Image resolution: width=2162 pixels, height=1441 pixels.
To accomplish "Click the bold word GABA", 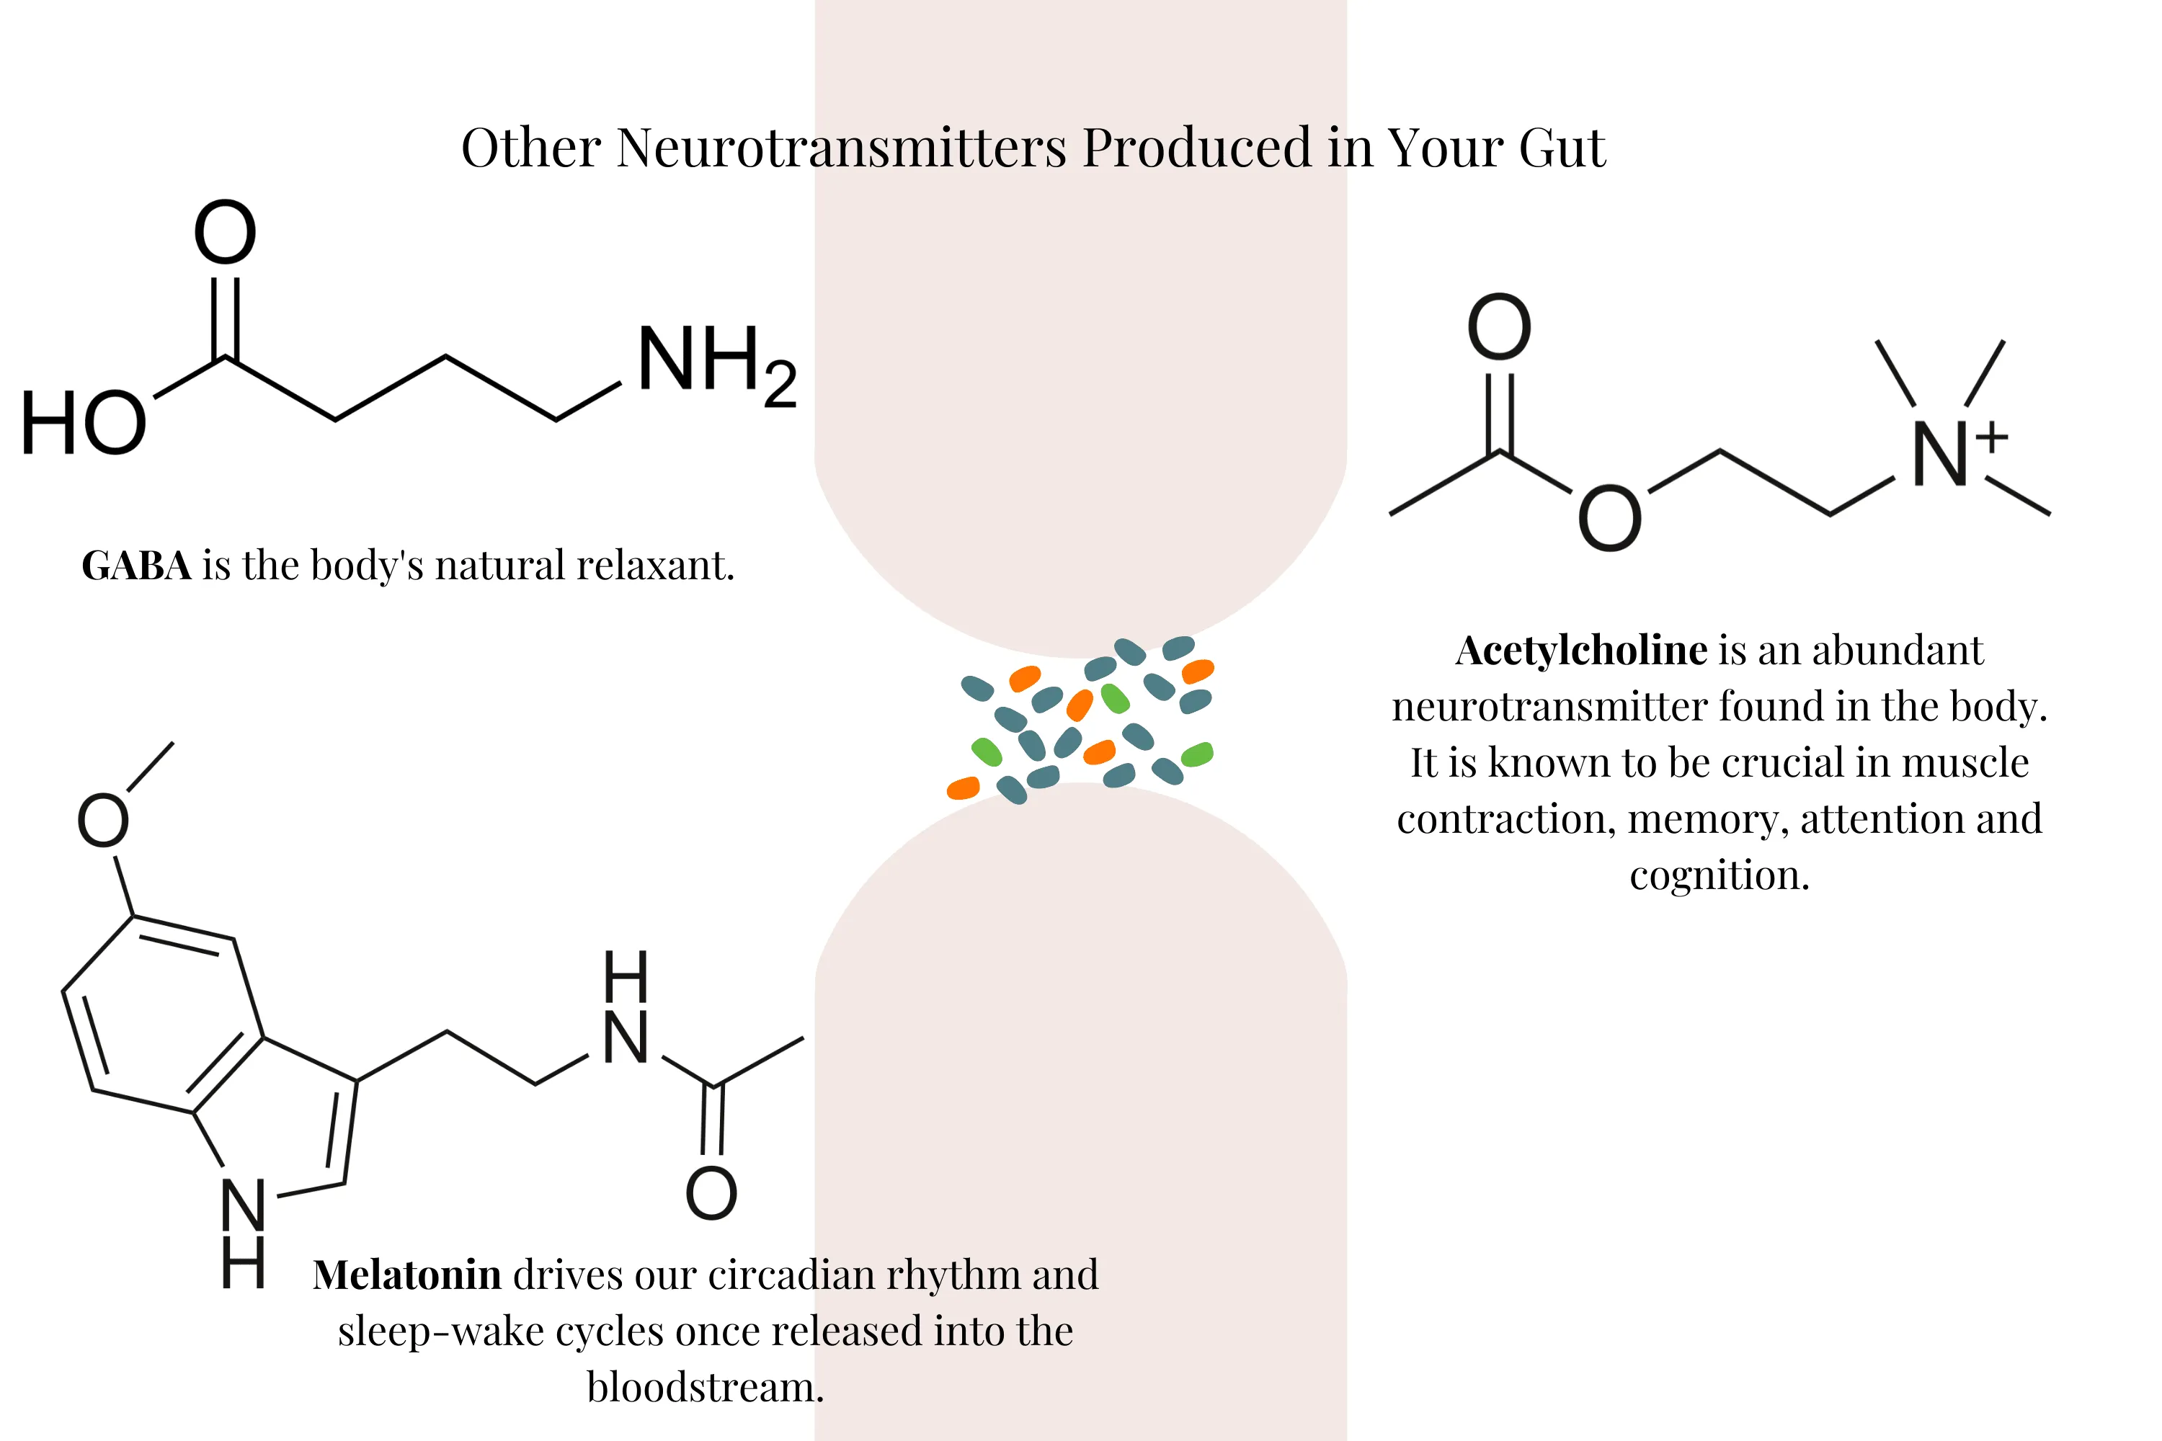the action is (x=136, y=565).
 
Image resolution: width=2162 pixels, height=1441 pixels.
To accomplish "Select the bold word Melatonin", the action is (x=406, y=1275).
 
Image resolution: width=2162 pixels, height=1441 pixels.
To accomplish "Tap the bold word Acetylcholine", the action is (x=1581, y=651).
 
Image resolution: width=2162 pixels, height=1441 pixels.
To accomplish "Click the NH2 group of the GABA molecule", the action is (x=715, y=364).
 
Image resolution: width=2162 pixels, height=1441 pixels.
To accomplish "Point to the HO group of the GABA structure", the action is (x=83, y=424).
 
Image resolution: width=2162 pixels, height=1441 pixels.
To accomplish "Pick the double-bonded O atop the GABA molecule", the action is (x=224, y=233).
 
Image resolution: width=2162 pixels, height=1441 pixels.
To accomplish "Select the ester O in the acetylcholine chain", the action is (x=1609, y=519).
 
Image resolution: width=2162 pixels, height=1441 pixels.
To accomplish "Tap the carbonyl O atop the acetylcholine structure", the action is (x=1498, y=328).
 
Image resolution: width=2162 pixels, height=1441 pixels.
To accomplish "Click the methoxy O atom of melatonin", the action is (x=102, y=821).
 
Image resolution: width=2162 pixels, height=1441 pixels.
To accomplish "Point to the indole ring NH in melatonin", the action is (x=244, y=1231).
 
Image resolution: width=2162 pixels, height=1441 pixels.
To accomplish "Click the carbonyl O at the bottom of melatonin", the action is (x=711, y=1194).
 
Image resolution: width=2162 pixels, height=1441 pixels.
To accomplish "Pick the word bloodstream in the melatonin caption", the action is (x=705, y=1388).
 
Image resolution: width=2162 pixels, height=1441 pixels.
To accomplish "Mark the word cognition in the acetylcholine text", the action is (x=1719, y=875).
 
